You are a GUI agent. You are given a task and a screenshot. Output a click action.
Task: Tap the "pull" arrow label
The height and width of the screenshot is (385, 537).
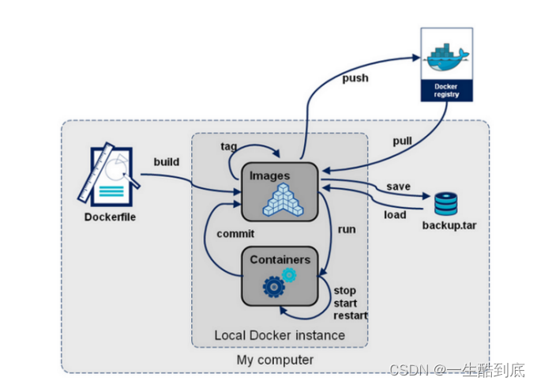(404, 141)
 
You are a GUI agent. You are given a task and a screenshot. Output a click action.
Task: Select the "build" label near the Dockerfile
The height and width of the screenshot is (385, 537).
(167, 162)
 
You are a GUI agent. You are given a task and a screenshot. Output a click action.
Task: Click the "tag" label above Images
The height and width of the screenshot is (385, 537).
(229, 146)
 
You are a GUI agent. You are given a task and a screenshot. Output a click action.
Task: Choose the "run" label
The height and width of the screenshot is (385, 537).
(347, 229)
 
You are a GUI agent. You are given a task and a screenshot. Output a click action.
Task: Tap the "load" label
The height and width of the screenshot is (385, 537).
(395, 214)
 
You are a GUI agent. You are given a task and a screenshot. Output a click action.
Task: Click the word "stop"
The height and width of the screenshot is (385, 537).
(345, 290)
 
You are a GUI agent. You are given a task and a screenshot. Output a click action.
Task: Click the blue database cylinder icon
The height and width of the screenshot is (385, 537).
(445, 204)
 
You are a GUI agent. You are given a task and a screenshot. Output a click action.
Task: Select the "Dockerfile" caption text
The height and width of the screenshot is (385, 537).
(110, 217)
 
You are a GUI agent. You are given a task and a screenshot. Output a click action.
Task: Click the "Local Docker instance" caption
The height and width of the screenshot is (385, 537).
(279, 335)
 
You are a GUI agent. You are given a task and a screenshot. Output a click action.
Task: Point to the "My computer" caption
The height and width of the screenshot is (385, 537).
(275, 360)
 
